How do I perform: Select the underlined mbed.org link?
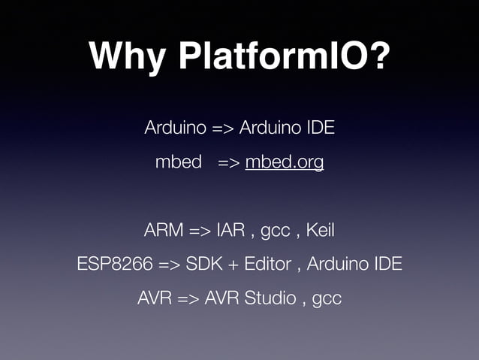point(285,162)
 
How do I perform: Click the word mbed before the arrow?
point(178,162)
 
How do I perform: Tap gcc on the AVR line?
point(327,299)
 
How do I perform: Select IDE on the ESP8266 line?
point(387,264)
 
